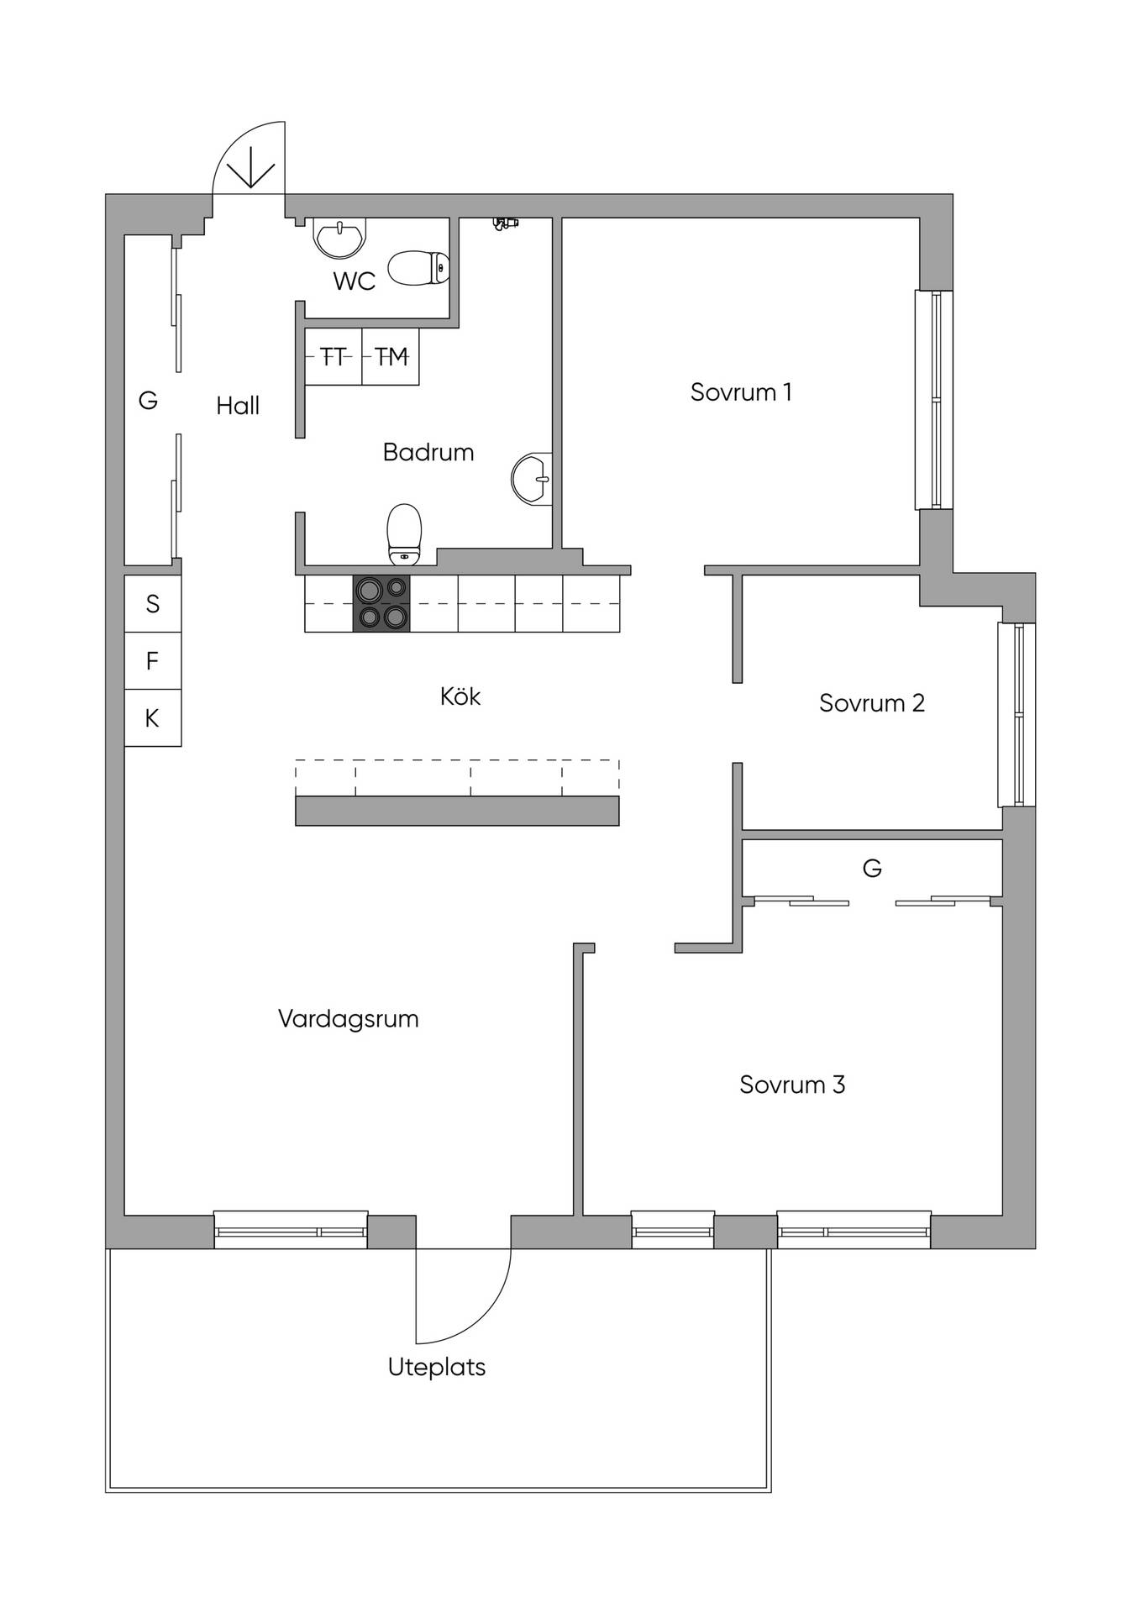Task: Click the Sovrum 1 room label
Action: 741,392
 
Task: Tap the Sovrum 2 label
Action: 872,703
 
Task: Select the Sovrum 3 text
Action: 792,1085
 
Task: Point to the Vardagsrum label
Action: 348,1019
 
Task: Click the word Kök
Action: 460,696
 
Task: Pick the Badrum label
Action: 428,452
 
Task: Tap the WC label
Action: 355,281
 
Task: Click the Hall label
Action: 238,406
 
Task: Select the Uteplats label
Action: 437,1368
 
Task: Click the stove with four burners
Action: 382,603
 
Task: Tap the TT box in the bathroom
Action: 334,357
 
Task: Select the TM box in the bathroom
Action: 391,357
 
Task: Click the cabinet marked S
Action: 153,604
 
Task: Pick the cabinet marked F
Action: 153,661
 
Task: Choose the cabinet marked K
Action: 153,718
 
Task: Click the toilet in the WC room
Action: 418,268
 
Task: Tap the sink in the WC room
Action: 340,237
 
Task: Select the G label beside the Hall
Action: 148,401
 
